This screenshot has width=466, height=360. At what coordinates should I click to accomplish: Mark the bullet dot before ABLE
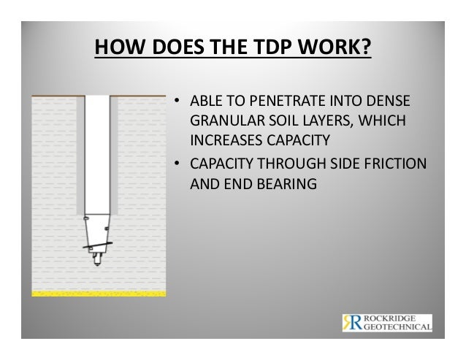tap(175, 101)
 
